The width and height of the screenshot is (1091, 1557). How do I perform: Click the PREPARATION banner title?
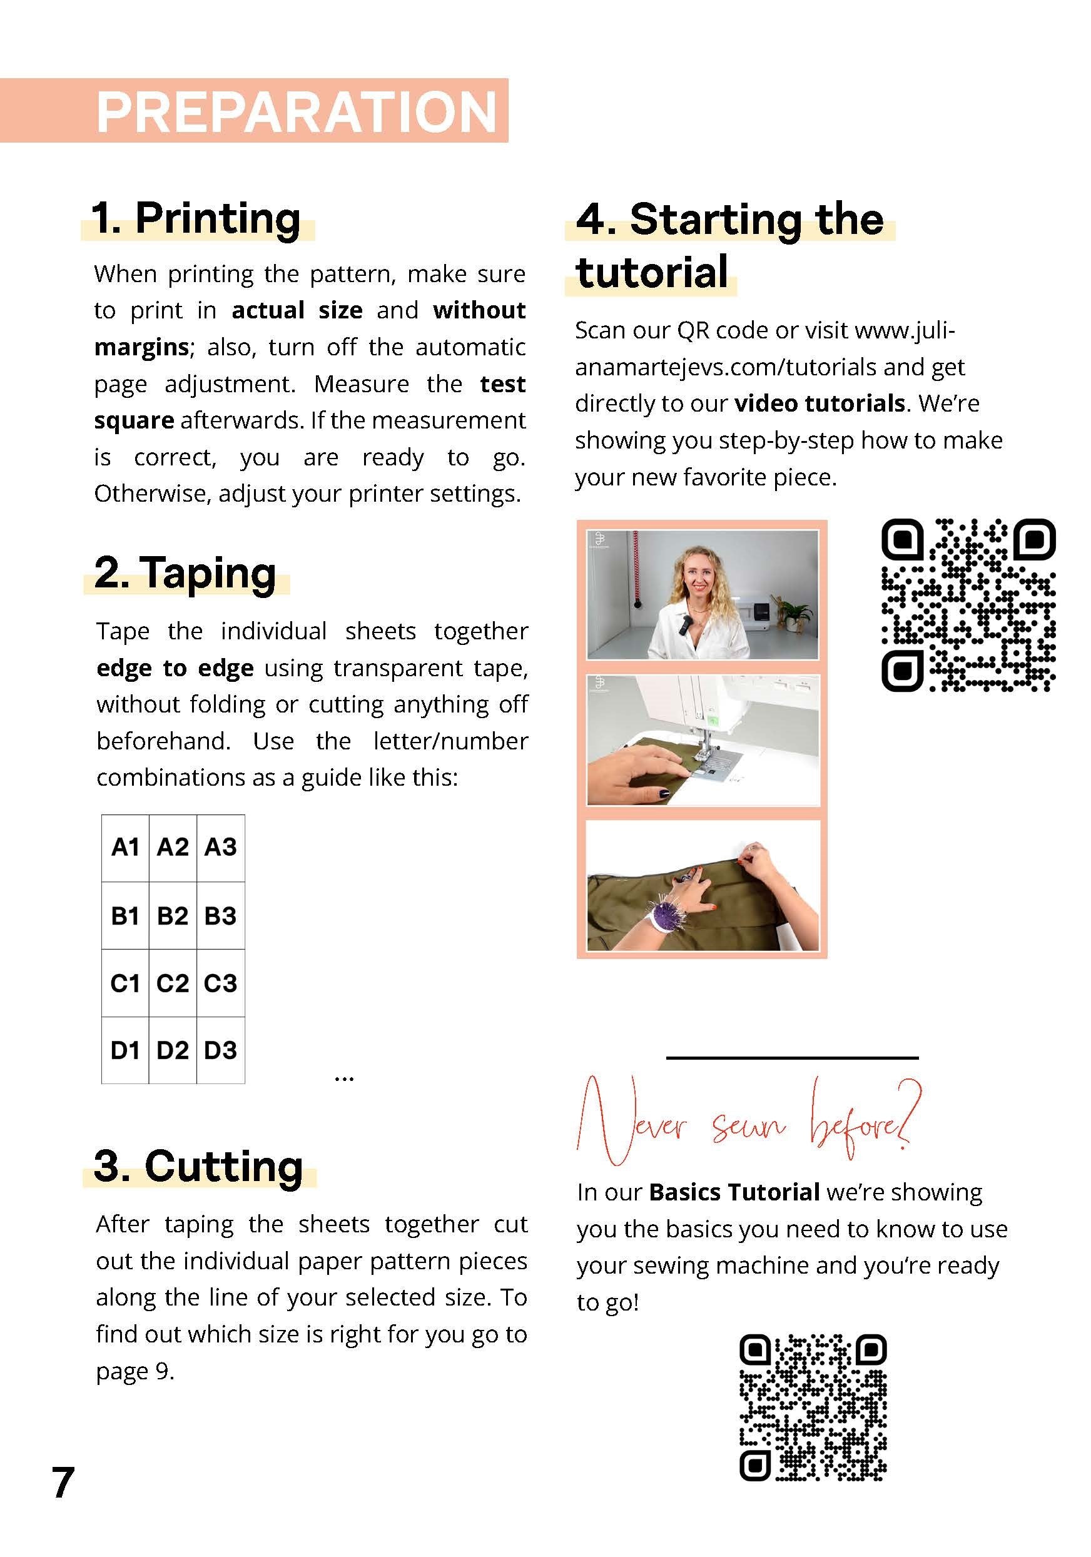tap(297, 112)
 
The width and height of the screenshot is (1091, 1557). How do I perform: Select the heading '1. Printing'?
tap(196, 218)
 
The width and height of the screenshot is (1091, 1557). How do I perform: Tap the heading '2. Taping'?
tap(185, 573)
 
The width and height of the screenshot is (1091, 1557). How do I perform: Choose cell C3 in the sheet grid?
tap(220, 983)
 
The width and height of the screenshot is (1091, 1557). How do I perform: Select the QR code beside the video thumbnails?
tap(968, 606)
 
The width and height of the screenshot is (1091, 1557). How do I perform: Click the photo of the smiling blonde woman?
tap(703, 595)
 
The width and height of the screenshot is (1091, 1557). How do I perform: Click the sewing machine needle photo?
tap(703, 740)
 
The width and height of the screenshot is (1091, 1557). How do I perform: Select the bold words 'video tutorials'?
tap(820, 404)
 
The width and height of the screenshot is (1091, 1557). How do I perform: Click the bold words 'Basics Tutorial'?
tap(734, 1192)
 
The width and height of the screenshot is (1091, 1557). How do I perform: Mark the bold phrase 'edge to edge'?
tap(175, 669)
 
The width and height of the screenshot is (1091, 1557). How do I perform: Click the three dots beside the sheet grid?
tap(344, 1078)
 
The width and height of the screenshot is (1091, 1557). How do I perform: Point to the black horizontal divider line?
tap(792, 1057)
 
